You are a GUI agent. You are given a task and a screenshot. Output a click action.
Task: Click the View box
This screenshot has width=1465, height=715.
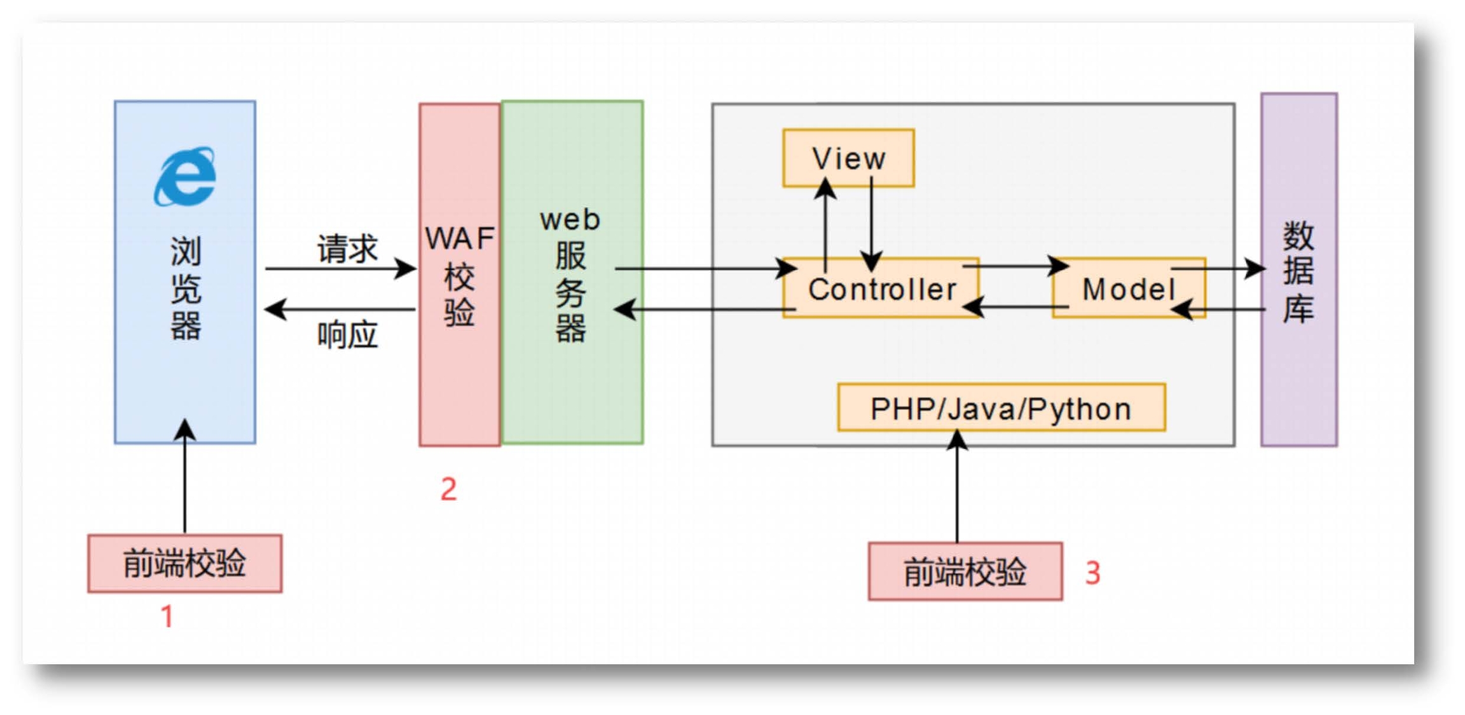tap(848, 158)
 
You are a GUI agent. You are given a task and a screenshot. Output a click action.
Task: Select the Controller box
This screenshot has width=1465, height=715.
tap(881, 289)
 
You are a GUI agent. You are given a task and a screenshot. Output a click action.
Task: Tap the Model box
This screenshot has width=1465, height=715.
tap(1129, 289)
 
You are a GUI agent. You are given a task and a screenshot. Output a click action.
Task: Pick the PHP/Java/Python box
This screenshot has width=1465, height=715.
tap(1001, 408)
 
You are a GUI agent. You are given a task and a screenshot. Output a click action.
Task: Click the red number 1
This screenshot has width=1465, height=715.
tap(167, 616)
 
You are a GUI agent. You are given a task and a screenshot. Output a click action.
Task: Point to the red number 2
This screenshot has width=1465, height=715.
tap(449, 489)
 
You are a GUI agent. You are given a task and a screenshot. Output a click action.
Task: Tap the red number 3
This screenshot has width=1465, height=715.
tap(1092, 573)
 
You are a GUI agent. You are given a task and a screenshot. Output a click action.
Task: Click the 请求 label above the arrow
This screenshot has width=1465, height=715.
tap(347, 249)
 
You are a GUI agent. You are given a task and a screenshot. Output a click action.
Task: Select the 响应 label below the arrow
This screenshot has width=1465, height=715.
tap(347, 335)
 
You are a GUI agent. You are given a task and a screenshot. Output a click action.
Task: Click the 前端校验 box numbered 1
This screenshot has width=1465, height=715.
tap(185, 564)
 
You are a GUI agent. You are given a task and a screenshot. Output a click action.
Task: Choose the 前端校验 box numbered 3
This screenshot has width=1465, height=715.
tap(965, 571)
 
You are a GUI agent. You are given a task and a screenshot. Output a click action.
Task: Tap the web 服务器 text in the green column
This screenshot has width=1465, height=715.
tap(570, 275)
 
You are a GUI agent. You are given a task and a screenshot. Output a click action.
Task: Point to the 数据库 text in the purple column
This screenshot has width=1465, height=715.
tap(1298, 272)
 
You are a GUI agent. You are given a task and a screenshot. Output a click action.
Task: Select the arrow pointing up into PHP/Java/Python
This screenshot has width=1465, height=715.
tap(957, 486)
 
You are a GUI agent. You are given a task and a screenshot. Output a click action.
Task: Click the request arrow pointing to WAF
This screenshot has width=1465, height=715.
tap(340, 269)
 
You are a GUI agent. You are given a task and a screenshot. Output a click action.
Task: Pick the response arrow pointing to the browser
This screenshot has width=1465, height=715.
tap(340, 310)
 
